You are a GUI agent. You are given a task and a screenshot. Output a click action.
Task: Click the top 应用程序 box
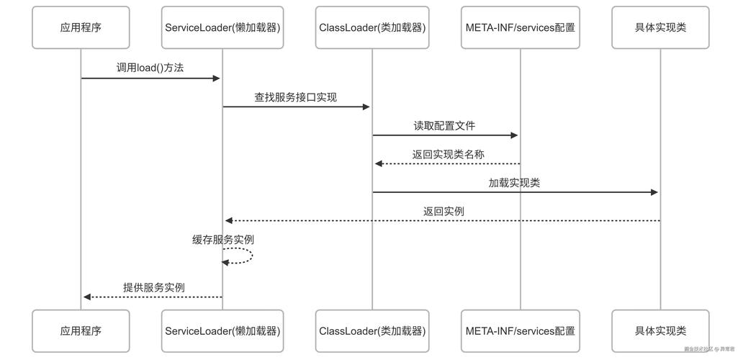point(81,27)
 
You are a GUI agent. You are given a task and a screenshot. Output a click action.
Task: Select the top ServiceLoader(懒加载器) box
point(222,27)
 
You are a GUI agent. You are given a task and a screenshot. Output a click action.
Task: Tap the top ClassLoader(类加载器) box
point(372,27)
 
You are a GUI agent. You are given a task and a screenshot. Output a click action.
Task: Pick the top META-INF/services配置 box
point(520,27)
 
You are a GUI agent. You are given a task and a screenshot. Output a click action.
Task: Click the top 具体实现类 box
point(660,27)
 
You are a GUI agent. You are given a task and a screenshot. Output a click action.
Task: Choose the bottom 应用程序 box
point(81,331)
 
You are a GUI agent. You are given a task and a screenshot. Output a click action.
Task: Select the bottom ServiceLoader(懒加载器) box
point(222,331)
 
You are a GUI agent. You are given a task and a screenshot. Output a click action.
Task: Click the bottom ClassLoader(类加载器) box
point(372,331)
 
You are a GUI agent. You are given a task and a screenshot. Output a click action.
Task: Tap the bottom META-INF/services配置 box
point(520,331)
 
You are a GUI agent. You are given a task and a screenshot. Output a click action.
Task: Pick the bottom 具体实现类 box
point(660,331)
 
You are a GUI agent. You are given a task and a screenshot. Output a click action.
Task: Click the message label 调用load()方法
point(150,68)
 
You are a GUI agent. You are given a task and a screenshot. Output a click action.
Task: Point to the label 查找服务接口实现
point(295,96)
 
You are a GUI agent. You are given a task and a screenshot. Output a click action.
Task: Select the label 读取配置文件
point(444,125)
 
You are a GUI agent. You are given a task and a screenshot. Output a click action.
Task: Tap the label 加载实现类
point(514,183)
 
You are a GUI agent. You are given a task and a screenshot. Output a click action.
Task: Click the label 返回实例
point(443,211)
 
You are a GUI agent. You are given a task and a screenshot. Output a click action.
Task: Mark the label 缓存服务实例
point(222,239)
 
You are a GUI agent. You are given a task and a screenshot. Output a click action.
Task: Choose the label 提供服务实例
point(153,287)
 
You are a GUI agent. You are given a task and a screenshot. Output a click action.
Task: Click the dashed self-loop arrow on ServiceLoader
point(247,256)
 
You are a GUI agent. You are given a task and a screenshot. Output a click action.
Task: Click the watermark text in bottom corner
point(709,349)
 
